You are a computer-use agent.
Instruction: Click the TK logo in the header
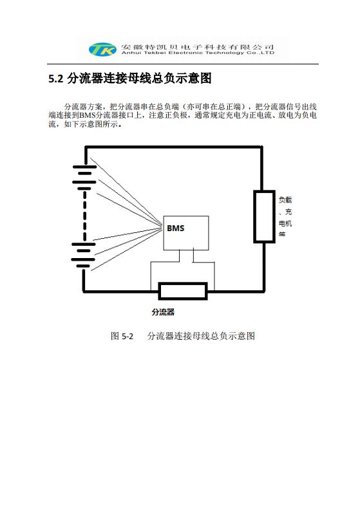[102, 49]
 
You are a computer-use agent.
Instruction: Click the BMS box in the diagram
[186, 233]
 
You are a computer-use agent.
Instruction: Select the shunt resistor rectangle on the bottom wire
[183, 291]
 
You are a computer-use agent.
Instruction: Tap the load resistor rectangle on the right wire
[264, 217]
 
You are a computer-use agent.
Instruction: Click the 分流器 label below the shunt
[163, 312]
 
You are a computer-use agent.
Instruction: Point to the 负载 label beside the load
[285, 200]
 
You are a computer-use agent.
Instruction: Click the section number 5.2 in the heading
[56, 79]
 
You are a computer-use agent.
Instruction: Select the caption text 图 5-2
[122, 336]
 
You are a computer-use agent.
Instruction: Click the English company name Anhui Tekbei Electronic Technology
[198, 53]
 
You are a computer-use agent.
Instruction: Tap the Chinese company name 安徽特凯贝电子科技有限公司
[198, 46]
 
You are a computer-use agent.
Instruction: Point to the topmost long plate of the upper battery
[84, 167]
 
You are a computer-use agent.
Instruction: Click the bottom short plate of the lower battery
[83, 266]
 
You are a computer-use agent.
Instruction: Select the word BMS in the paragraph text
[87, 115]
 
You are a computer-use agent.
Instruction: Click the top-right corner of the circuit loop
[261, 147]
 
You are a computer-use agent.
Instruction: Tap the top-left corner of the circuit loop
[86, 147]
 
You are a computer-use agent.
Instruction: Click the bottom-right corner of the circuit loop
[264, 290]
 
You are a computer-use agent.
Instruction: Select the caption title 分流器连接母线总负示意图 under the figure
[201, 336]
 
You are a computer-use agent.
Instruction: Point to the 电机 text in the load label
[285, 223]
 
